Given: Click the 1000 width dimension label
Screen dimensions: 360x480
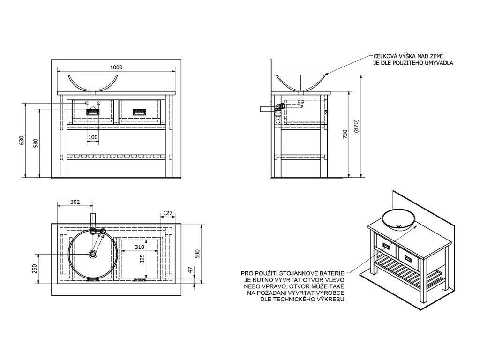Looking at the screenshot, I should pyautogui.click(x=117, y=67).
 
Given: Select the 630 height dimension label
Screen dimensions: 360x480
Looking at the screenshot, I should pyautogui.click(x=21, y=140).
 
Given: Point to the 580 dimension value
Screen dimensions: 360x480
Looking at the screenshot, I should pyautogui.click(x=36, y=142).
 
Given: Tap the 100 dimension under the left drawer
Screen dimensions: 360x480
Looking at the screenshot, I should pyautogui.click(x=93, y=137).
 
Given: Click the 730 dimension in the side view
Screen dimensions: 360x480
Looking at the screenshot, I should pyautogui.click(x=345, y=135).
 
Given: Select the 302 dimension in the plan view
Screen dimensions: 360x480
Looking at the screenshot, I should pyautogui.click(x=75, y=202).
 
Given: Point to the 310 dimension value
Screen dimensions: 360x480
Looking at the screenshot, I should pyautogui.click(x=139, y=247).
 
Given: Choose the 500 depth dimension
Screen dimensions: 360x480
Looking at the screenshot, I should pyautogui.click(x=197, y=254).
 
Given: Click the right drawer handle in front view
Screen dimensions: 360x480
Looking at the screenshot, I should pyautogui.click(x=140, y=112).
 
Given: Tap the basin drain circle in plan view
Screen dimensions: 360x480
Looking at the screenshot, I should pyautogui.click(x=93, y=254).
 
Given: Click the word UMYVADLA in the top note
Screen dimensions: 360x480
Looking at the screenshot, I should pyautogui.click(x=438, y=62).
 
